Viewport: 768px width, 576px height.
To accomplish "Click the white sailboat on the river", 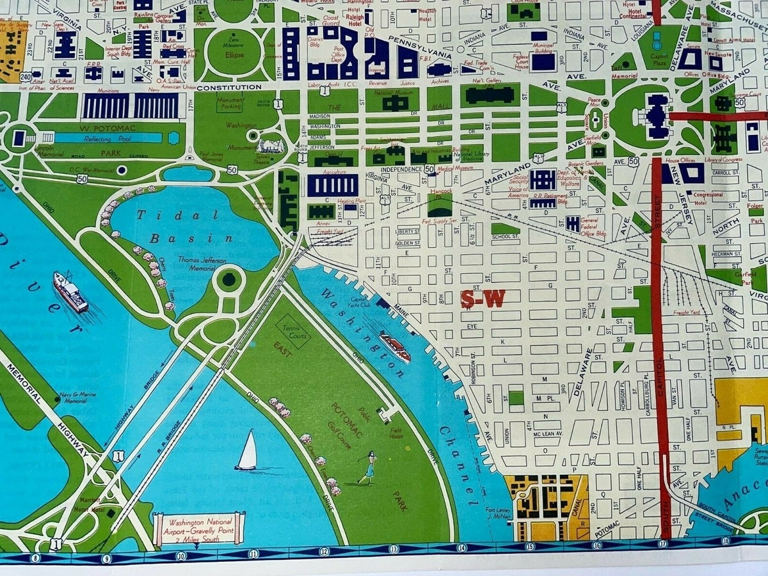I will pyautogui.click(x=247, y=451).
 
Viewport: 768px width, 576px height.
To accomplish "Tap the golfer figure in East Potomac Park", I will pyautogui.click(x=369, y=468).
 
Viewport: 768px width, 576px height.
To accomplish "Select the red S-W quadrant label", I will pyautogui.click(x=483, y=299).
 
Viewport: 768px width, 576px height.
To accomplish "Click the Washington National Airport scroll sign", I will pyautogui.click(x=199, y=529).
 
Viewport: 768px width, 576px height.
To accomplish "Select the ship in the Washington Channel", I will pyautogui.click(x=395, y=346).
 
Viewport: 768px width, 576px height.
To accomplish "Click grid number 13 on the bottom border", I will pyautogui.click(x=393, y=549).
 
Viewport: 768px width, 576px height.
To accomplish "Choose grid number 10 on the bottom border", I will pyautogui.click(x=181, y=556).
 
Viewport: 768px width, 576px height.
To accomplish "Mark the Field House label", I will pyautogui.click(x=396, y=433).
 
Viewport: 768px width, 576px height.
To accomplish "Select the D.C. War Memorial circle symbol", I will pyautogui.click(x=122, y=170).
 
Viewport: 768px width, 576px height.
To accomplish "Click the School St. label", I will pyautogui.click(x=505, y=237).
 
